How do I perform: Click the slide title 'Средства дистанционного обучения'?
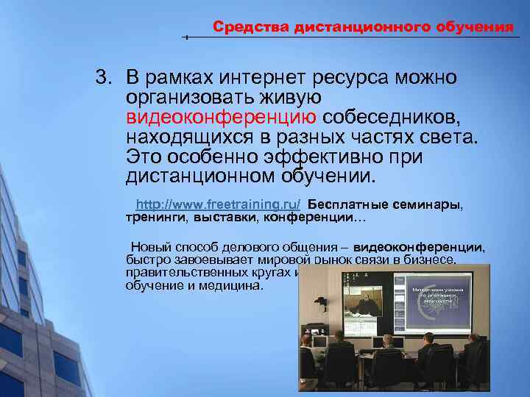coord(363,27)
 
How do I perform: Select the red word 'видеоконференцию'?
coord(222,118)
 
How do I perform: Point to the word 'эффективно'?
coord(319,157)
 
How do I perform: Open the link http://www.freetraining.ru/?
coord(219,204)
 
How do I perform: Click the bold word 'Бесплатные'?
coord(346,204)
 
